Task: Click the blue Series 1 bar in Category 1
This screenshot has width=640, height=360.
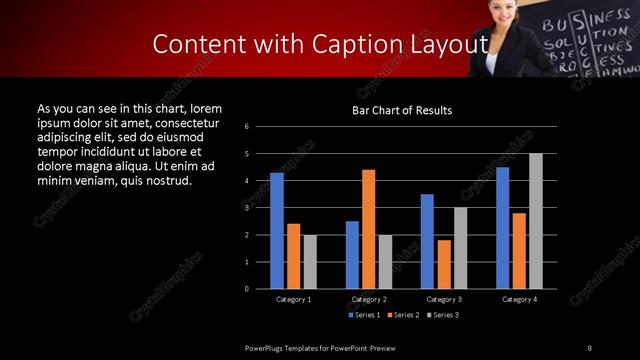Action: pyautogui.click(x=277, y=231)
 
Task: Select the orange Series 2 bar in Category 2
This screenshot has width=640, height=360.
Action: pyautogui.click(x=368, y=229)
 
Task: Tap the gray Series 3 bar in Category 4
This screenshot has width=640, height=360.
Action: pyautogui.click(x=536, y=221)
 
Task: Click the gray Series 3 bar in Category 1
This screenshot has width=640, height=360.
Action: pyautogui.click(x=310, y=262)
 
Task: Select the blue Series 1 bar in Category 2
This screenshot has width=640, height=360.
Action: pyautogui.click(x=352, y=255)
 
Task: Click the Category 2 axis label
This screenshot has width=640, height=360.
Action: pyautogui.click(x=369, y=299)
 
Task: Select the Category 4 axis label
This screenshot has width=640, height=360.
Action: pyautogui.click(x=519, y=299)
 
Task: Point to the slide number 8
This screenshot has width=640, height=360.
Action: pyautogui.click(x=589, y=346)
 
